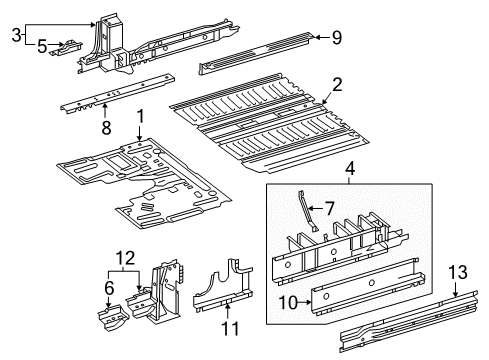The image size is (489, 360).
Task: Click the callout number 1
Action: pos(141,117)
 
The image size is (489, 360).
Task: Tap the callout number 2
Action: pos(337,85)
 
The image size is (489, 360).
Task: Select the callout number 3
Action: pos(16,35)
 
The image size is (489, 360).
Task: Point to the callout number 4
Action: pos(350,169)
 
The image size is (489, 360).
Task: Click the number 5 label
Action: pos(42,46)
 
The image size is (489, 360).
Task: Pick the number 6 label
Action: pos(109,288)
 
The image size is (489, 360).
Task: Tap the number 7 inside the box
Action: pos(329,209)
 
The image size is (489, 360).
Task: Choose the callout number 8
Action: pos(106,128)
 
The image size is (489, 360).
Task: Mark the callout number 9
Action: pos(337,37)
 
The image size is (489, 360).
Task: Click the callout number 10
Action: pos(288,303)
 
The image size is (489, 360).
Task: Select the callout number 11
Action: pos(230,328)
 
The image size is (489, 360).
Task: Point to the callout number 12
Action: pos(125,258)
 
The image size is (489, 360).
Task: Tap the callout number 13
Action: pos(458,272)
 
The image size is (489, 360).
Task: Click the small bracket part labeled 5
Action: pos(66,49)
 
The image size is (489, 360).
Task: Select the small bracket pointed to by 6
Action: pos(112,317)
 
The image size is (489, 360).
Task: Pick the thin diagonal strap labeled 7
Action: pos(307,210)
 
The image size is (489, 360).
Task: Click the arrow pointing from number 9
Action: pos(322,37)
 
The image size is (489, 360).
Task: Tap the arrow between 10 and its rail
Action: pos(305,303)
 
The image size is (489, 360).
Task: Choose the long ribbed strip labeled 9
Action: pos(257,53)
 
